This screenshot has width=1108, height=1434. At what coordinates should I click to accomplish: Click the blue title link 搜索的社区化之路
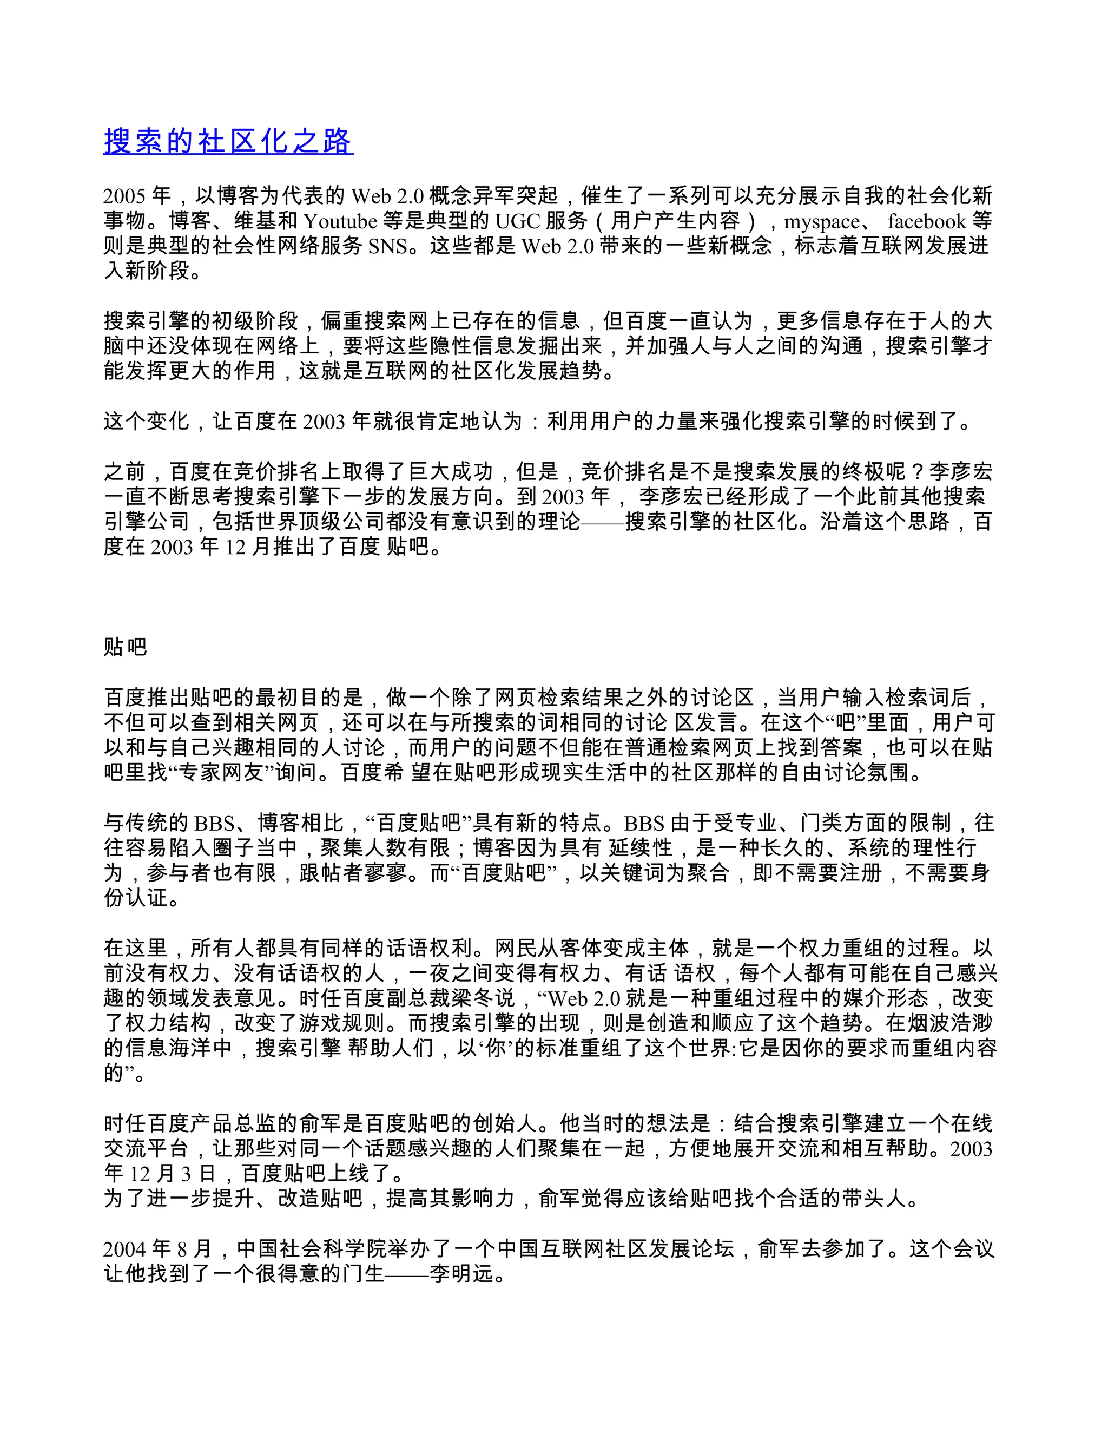tap(228, 141)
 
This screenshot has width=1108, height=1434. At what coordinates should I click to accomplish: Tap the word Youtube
tap(340, 221)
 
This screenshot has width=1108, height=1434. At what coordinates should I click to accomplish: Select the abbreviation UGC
tap(517, 221)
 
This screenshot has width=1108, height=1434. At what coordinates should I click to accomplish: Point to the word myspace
tap(821, 221)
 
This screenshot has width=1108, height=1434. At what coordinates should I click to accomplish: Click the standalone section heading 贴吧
tap(126, 647)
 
